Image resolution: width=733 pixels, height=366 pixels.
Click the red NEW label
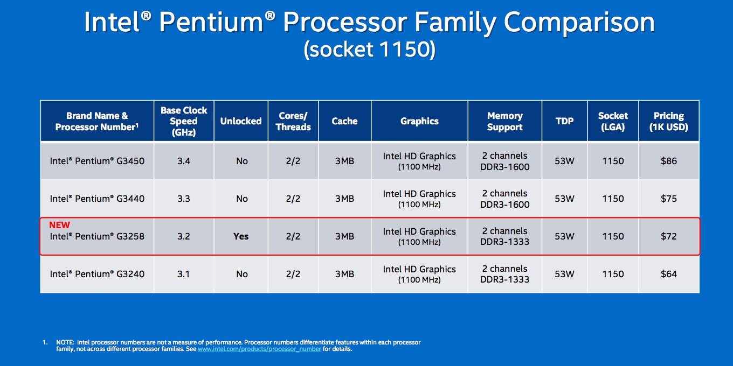59,225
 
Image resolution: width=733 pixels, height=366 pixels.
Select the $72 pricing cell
668,236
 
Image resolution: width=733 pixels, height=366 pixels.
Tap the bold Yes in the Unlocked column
241,236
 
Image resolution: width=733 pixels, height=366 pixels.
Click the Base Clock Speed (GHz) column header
184,121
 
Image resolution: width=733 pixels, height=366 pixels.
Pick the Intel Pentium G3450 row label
97,161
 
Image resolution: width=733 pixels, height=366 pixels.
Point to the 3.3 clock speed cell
184,199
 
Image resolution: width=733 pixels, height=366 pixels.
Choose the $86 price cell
668,161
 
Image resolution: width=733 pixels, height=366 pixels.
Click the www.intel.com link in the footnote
259,349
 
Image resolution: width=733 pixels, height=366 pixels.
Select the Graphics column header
419,121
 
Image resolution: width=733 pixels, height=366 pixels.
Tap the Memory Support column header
505,121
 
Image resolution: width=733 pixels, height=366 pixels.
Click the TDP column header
564,121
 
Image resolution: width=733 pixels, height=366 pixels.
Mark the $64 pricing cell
668,274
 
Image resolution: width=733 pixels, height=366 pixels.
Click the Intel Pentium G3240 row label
97,274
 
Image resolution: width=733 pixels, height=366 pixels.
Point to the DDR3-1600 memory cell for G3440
505,205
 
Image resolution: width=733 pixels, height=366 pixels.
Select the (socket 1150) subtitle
370,50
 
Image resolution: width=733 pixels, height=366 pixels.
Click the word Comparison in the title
579,22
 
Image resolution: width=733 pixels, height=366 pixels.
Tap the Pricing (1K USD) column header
668,121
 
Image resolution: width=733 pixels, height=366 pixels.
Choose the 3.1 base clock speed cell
184,274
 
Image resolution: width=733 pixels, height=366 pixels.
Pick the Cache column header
344,121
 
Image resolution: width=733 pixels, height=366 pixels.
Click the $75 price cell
668,199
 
